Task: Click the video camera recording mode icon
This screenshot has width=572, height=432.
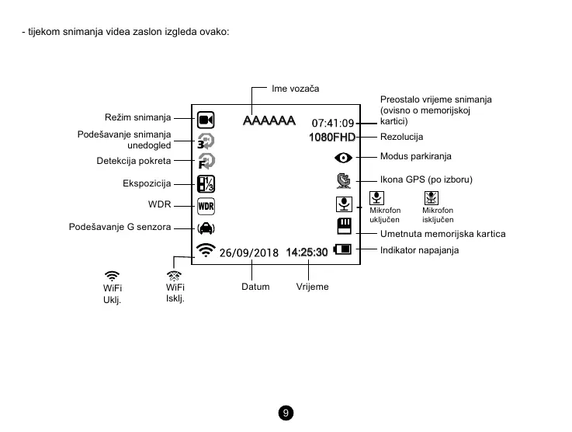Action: pos(206,120)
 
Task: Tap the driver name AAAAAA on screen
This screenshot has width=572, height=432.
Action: pos(269,121)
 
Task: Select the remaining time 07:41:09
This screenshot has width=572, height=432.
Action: pos(333,123)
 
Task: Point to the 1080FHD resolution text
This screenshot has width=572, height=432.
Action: pos(331,138)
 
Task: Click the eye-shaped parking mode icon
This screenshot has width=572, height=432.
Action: pos(343,157)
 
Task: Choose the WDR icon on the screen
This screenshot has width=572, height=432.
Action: pos(206,206)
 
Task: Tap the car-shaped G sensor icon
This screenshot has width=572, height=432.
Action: pos(206,228)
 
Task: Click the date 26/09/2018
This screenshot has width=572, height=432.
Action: pos(248,253)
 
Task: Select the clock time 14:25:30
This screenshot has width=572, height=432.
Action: pos(307,253)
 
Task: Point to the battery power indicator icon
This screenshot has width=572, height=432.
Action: pos(342,250)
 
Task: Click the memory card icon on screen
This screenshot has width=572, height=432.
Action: pos(344,226)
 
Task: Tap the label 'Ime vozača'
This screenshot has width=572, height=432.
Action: pos(295,89)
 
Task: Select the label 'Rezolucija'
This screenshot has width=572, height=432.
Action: pos(401,138)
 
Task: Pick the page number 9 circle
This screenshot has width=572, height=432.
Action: pos(286,412)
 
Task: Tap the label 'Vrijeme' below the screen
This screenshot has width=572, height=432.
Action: pos(312,287)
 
